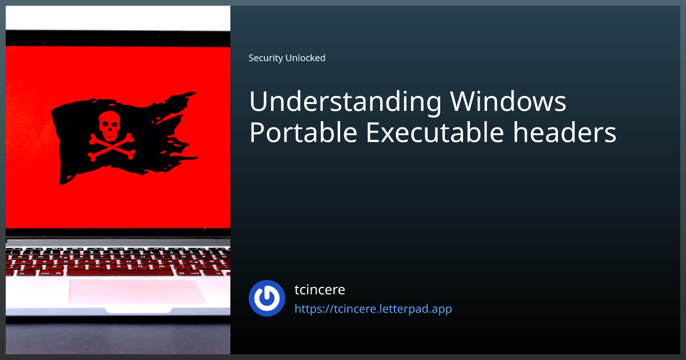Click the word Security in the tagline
click(265, 58)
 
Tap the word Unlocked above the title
click(305, 58)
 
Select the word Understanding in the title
click(345, 102)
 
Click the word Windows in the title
click(508, 101)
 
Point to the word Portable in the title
click(304, 132)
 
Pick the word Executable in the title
click(435, 132)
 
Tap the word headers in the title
click(564, 132)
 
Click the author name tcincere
click(320, 290)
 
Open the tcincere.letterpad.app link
click(373, 309)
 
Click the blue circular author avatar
click(267, 298)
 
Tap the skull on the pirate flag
click(109, 126)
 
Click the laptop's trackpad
click(137, 291)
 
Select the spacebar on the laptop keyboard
click(120, 271)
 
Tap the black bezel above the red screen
click(118, 38)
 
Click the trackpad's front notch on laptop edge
click(138, 310)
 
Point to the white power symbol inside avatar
click(267, 298)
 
